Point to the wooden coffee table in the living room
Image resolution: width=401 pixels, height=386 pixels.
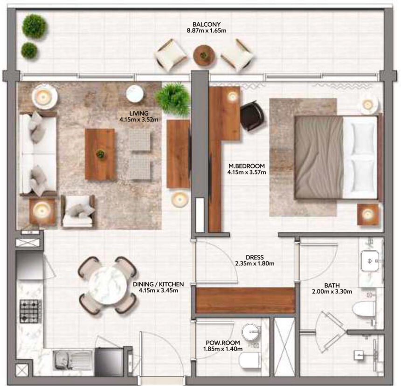100,154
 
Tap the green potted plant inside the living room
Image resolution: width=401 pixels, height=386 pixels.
173,98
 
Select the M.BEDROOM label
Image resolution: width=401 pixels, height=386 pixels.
246,166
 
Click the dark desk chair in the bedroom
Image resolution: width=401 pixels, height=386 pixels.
252,116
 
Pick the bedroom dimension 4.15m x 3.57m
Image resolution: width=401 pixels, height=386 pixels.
246,172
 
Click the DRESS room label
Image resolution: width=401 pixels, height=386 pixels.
255,257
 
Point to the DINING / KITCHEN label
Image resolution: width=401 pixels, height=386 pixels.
158,284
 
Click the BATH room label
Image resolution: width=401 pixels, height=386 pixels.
332,285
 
